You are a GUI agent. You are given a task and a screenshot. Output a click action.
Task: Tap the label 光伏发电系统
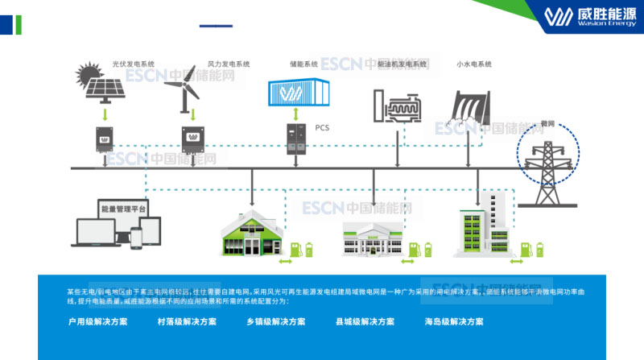[133, 64]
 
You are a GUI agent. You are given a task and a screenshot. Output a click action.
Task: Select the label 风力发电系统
[229, 64]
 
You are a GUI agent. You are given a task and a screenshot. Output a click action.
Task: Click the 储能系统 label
[303, 64]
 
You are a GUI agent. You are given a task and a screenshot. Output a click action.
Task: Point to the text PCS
[322, 127]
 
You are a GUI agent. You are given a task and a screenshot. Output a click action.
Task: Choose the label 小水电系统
[474, 64]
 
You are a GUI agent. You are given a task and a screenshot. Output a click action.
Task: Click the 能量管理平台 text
[123, 209]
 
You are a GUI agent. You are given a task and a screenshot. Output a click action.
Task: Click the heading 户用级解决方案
[98, 321]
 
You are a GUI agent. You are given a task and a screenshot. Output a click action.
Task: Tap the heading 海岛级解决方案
[454, 321]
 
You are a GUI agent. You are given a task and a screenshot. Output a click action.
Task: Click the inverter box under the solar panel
[104, 139]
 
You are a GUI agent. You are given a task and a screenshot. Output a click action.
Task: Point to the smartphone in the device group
[136, 237]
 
